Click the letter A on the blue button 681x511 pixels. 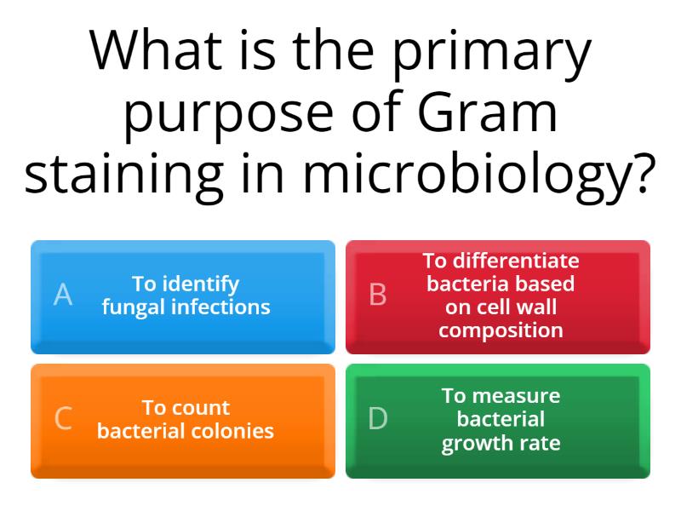pos(63,295)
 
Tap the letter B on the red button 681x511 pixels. pos(378,295)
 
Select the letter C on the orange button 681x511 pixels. pos(63,419)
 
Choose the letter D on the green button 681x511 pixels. pos(378,419)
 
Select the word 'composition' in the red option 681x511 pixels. pos(501,330)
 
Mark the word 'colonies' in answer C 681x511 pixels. pos(235,431)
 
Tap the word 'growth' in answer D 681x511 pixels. pos(478,443)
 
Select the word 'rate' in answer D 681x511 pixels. pos(541,443)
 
